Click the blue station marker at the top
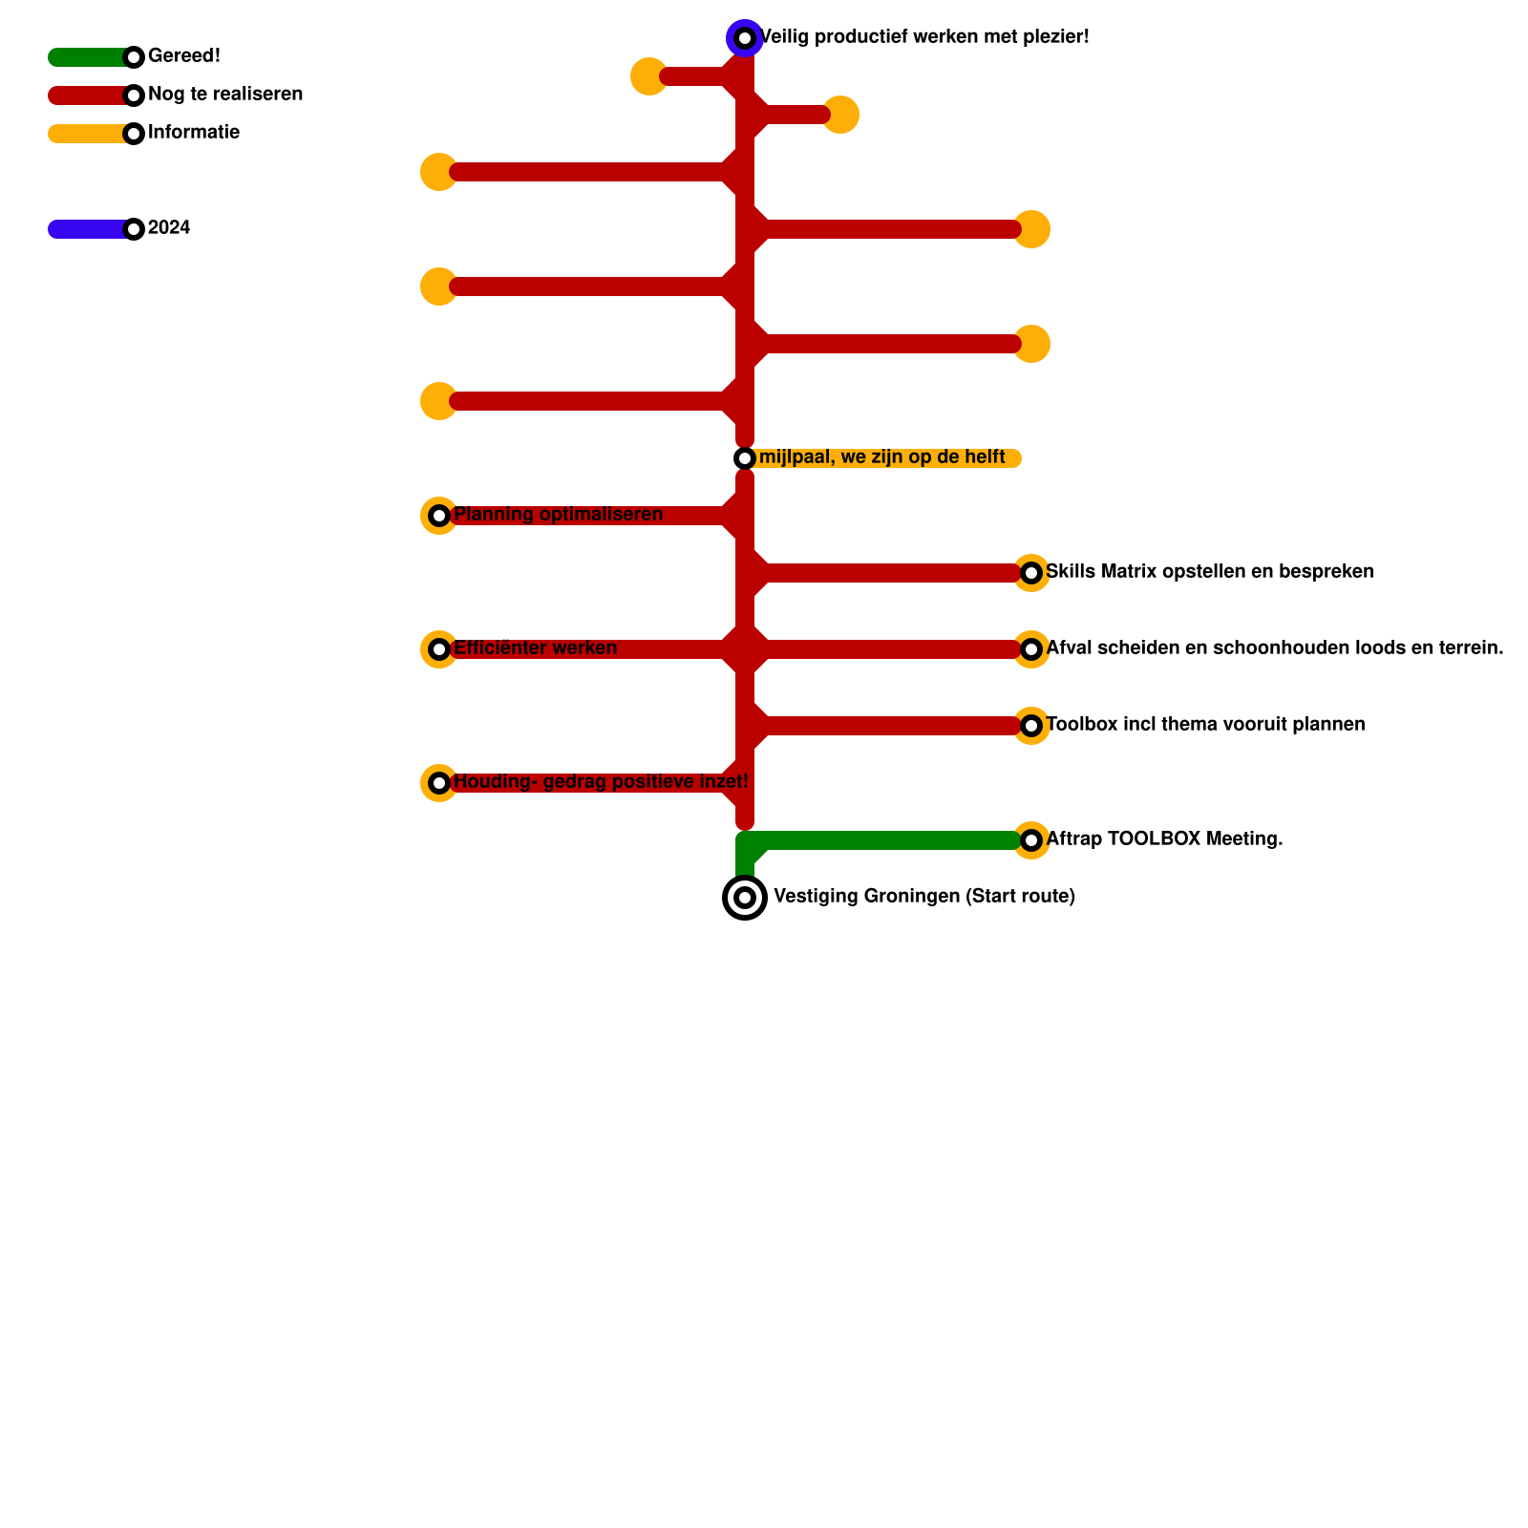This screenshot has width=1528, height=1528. [745, 38]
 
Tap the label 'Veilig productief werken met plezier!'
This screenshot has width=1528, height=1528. [923, 37]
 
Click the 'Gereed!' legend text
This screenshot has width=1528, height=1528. [184, 56]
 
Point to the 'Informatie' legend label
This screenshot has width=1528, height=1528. [194, 133]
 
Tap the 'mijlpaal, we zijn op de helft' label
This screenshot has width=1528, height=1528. [881, 457]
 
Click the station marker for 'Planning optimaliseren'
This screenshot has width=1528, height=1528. [439, 516]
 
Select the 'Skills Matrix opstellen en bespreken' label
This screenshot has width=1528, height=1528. [1209, 572]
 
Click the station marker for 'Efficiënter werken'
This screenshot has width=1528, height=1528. [439, 649]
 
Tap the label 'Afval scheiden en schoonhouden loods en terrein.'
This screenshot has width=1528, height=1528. [1274, 648]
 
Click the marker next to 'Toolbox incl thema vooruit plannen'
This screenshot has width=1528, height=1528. [1031, 726]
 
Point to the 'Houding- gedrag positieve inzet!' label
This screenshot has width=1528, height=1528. [601, 782]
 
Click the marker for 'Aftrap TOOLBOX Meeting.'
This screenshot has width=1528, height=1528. [1031, 840]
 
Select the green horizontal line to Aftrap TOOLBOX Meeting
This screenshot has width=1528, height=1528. [888, 840]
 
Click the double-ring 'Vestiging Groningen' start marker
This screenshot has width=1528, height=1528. [745, 898]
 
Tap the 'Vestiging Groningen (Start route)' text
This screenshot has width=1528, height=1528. [923, 897]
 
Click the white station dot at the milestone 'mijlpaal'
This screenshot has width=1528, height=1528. [745, 458]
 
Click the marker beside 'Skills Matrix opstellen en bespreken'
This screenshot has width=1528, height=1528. [1031, 573]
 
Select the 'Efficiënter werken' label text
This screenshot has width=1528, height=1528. [535, 648]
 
